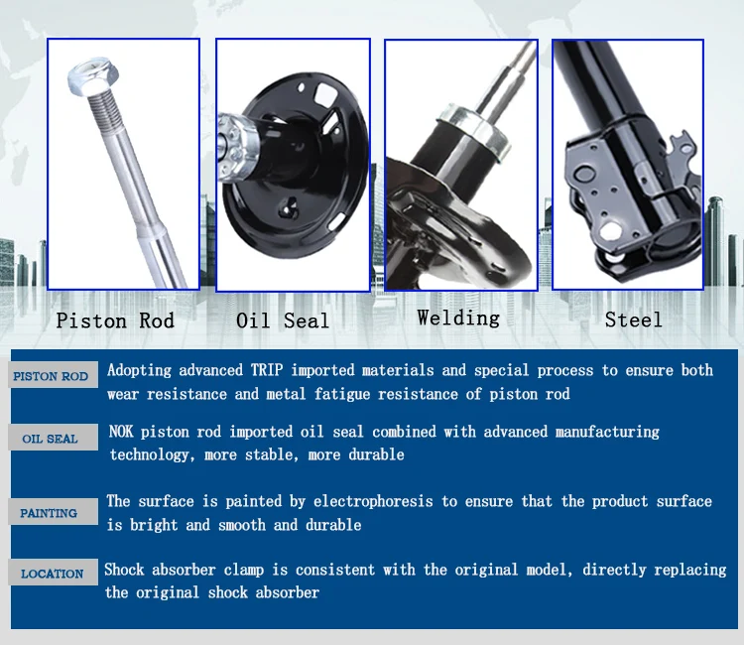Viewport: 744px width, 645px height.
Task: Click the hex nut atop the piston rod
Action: tap(93, 76)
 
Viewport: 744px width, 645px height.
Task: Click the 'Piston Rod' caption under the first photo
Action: tap(115, 321)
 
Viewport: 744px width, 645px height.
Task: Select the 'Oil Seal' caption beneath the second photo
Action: tap(283, 321)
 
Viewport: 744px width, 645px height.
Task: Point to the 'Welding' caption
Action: tap(458, 318)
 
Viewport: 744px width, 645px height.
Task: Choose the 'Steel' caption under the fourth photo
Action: tap(634, 320)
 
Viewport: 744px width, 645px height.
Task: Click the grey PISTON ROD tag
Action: tap(54, 375)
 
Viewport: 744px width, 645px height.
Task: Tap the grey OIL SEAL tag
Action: tap(54, 438)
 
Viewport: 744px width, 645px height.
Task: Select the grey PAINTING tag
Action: tap(54, 512)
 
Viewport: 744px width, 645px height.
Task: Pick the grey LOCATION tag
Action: tap(54, 573)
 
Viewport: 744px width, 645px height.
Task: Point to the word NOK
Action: tap(121, 432)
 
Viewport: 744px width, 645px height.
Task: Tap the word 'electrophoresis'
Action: tap(373, 502)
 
